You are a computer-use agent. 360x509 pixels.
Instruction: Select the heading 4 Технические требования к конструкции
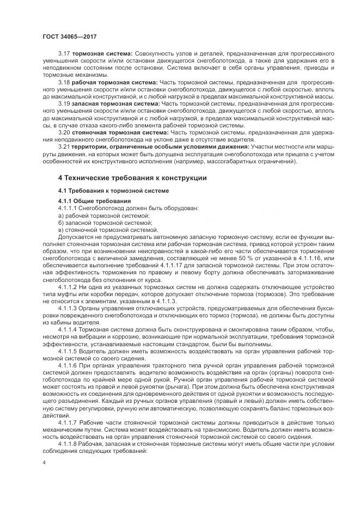tap(132, 177)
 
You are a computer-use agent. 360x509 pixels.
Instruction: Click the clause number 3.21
tap(64, 146)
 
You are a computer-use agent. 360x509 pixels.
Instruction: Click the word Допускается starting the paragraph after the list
tap(76, 237)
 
